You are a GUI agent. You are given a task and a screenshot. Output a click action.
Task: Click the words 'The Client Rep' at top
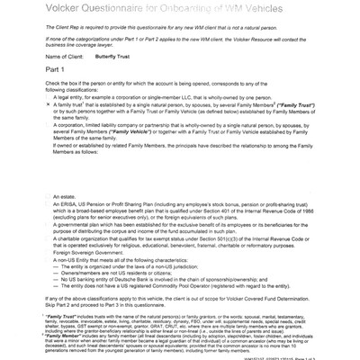[53, 30]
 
